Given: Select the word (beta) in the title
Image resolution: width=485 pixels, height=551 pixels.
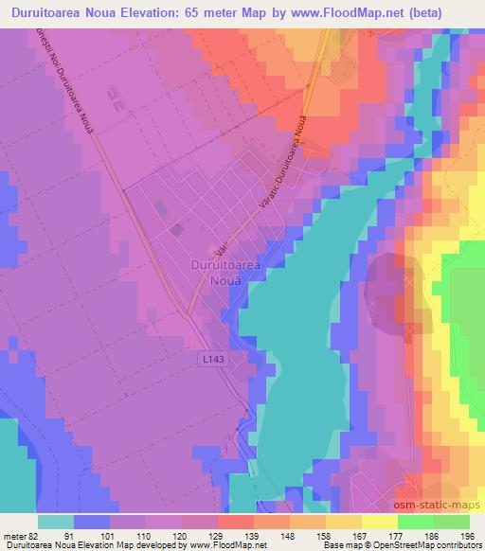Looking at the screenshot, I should (x=450, y=12).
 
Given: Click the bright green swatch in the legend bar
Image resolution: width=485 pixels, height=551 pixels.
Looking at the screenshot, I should (x=416, y=521).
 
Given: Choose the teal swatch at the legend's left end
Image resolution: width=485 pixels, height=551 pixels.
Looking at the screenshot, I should (x=56, y=521).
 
